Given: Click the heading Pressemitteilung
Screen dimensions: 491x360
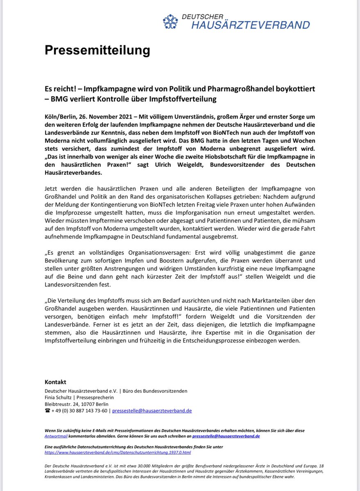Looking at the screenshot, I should click(97, 50).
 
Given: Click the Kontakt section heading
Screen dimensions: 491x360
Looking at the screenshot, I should click(55, 382).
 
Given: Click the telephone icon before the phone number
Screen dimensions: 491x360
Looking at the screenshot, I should click(47, 410).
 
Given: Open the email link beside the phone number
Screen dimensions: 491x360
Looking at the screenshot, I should click(152, 410).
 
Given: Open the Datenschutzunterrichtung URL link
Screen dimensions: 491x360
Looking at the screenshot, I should click(118, 453).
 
